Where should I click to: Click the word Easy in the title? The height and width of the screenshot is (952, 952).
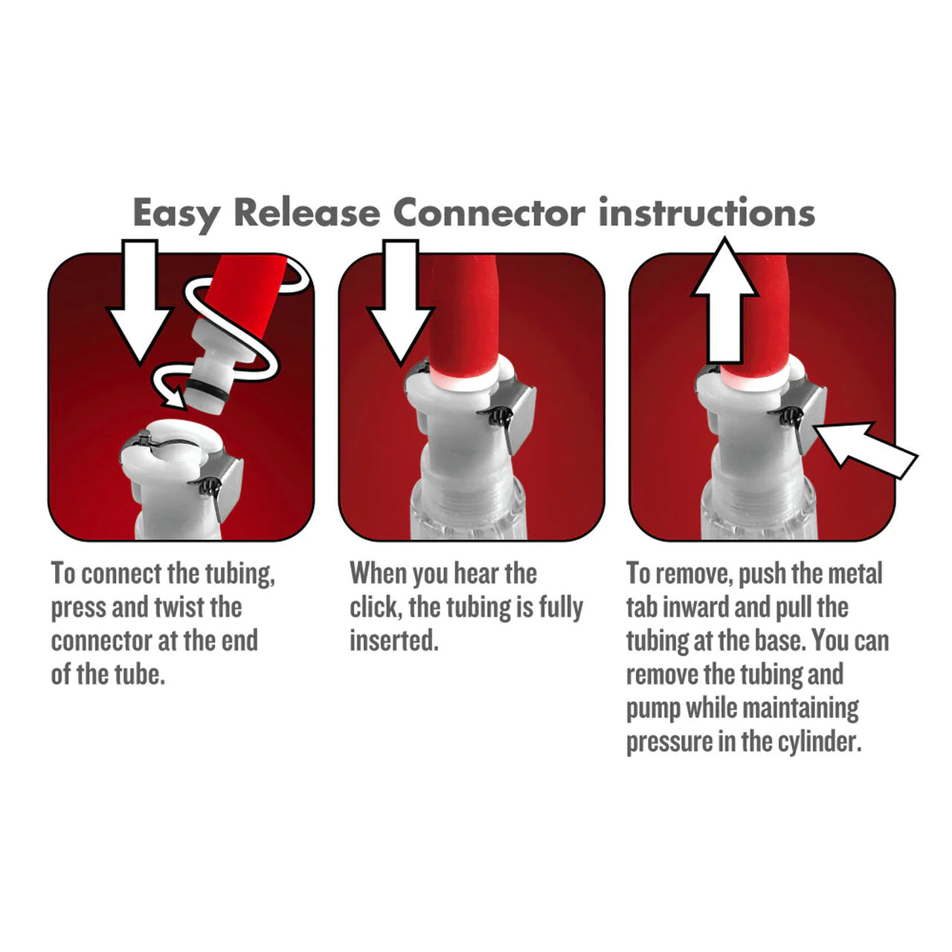(176, 213)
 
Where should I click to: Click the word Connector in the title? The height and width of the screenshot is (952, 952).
(488, 213)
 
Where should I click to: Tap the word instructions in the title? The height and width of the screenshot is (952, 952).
(707, 213)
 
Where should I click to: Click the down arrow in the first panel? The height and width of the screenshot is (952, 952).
(141, 297)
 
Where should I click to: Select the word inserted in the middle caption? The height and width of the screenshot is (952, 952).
(393, 640)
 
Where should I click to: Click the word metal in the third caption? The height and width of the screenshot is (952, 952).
(855, 573)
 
